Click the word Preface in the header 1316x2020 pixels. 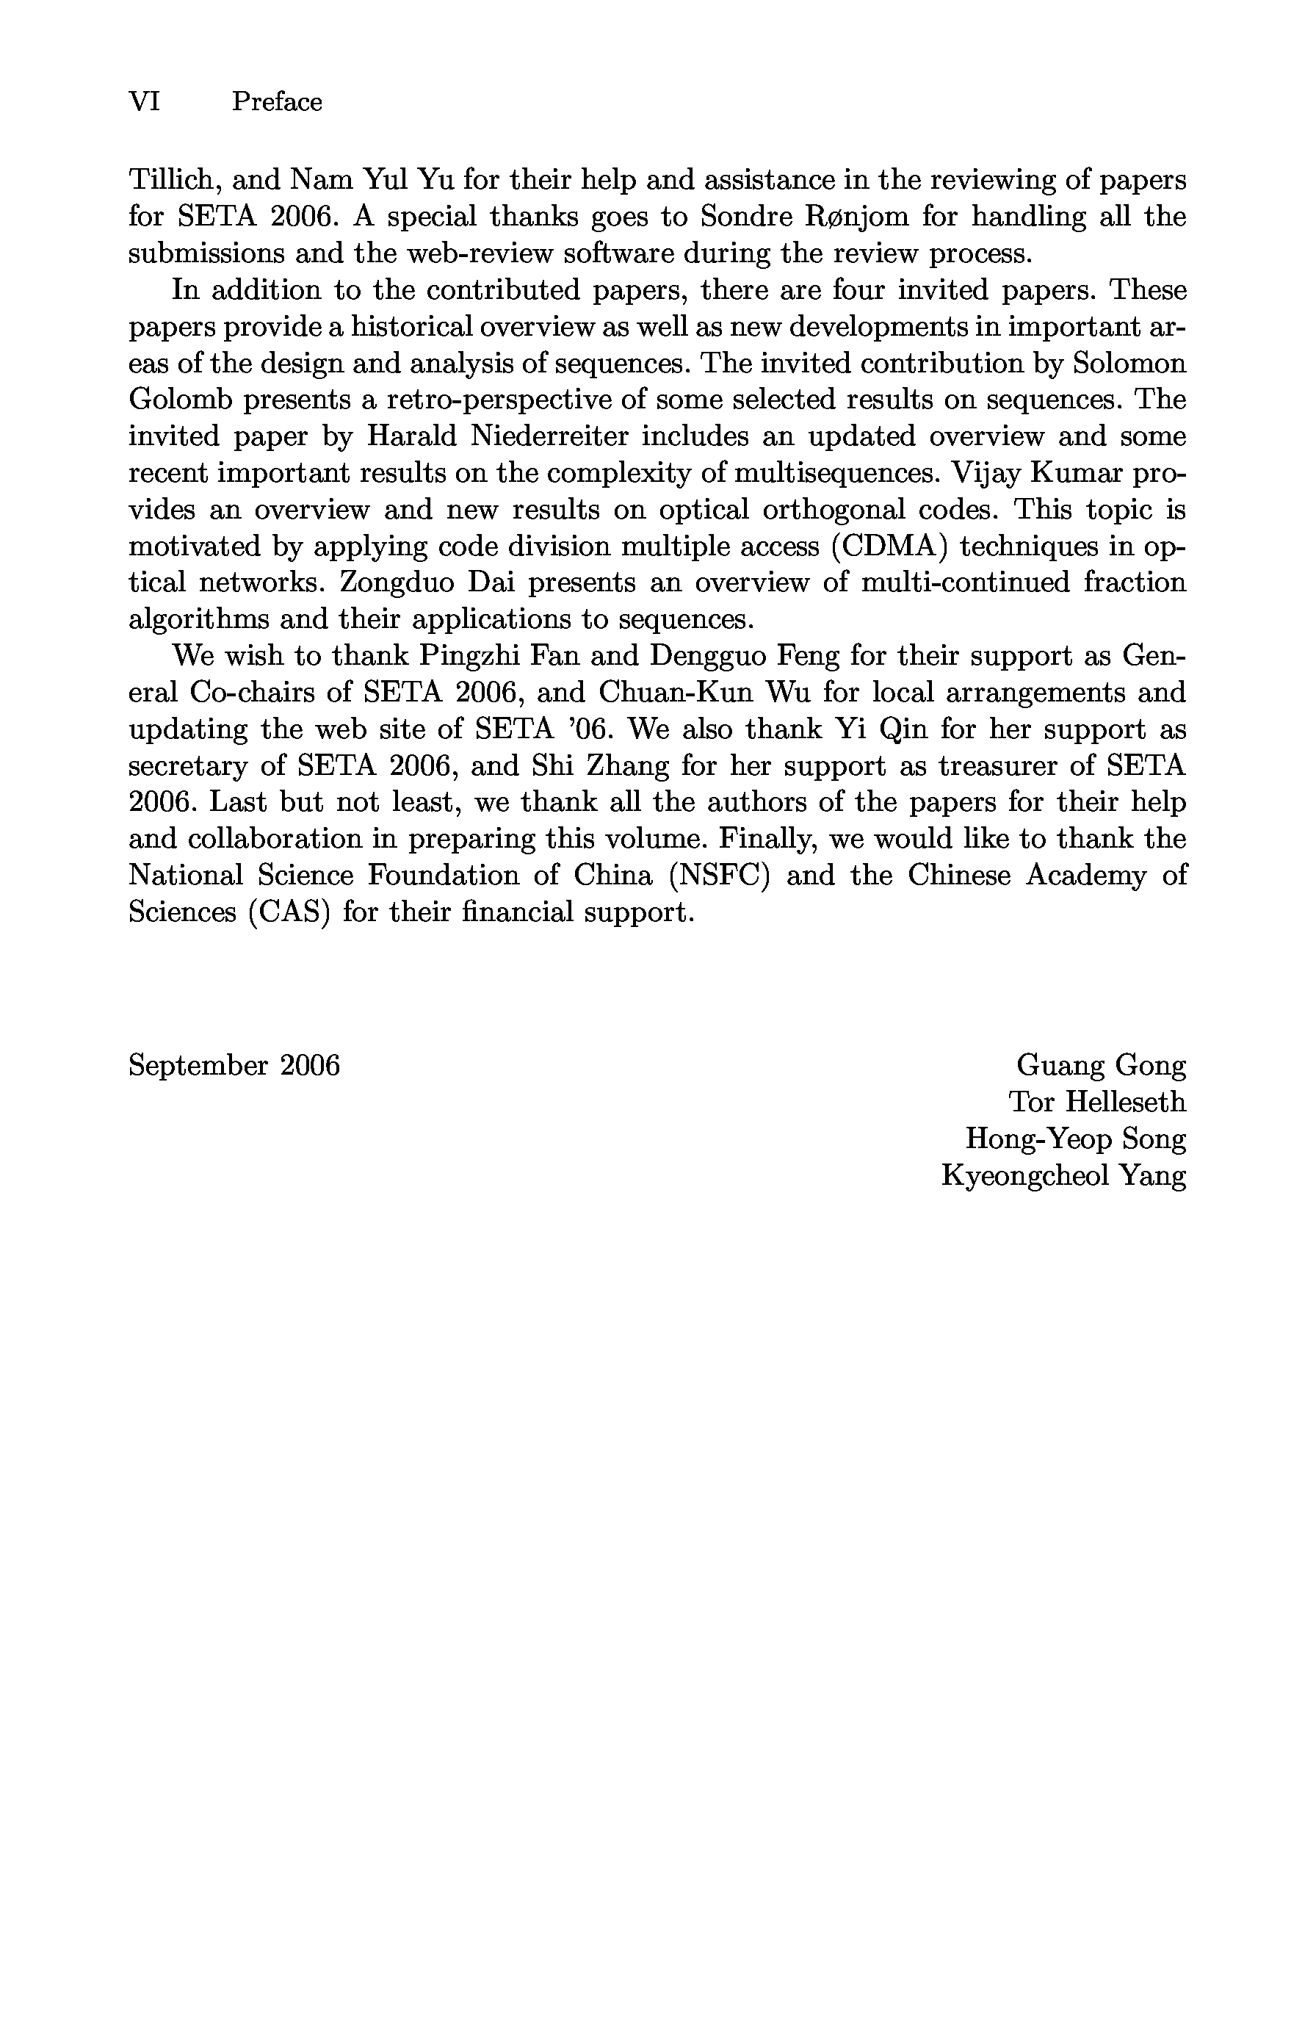(277, 102)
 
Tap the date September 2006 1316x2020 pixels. (234, 1065)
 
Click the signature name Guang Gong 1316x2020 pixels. (1101, 1065)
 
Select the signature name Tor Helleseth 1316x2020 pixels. (1096, 1102)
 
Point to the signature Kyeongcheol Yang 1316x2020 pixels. (1063, 1175)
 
